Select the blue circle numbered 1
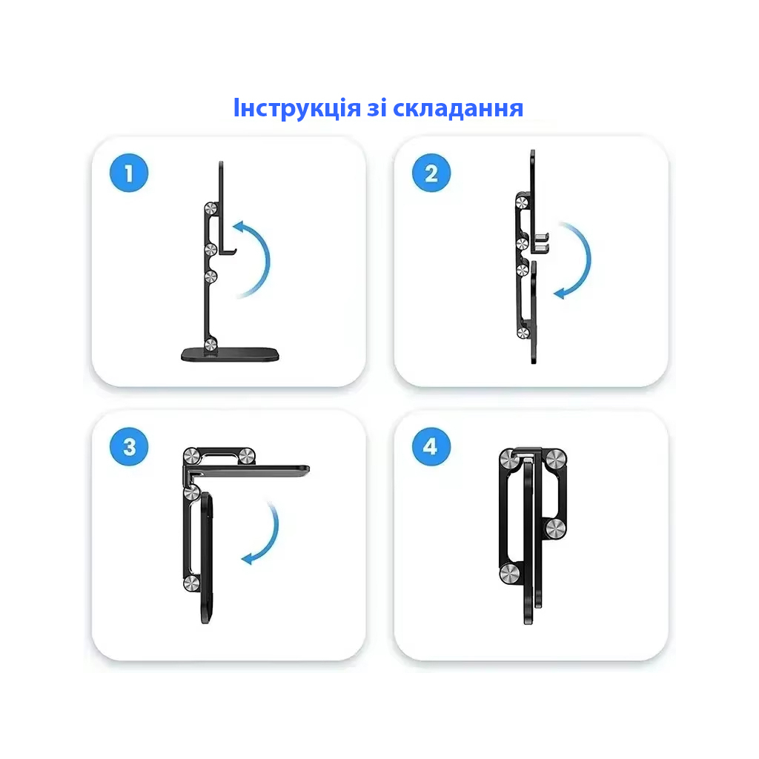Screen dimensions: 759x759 coord(129,174)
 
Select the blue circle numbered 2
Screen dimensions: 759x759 coord(431,174)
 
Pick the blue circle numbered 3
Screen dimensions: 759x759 coord(129,447)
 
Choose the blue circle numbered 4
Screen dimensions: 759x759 coord(431,447)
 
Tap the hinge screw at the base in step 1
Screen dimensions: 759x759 coord(211,343)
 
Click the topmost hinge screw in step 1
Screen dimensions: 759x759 coord(211,210)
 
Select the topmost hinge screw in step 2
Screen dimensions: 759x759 coord(523,200)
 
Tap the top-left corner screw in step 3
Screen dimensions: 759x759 coord(190,457)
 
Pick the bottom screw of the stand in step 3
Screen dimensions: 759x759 coord(191,583)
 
